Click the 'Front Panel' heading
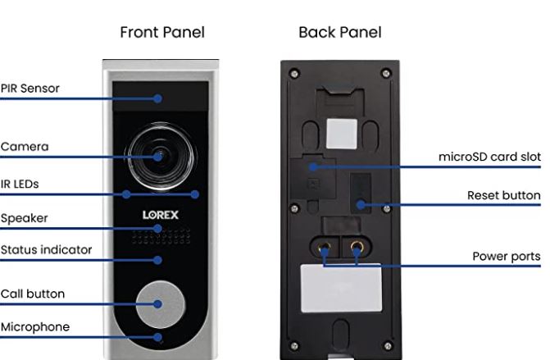click(161, 33)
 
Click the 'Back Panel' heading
click(339, 33)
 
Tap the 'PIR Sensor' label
click(30, 89)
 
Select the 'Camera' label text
click(25, 147)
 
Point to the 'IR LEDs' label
click(20, 185)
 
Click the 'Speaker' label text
click(24, 218)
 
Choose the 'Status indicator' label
click(46, 249)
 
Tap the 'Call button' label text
click(33, 294)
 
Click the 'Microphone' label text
click(35, 327)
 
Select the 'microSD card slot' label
click(489, 157)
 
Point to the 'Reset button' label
click(503, 195)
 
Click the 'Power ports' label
click(506, 257)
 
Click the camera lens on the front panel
click(158, 156)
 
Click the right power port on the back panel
click(357, 246)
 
